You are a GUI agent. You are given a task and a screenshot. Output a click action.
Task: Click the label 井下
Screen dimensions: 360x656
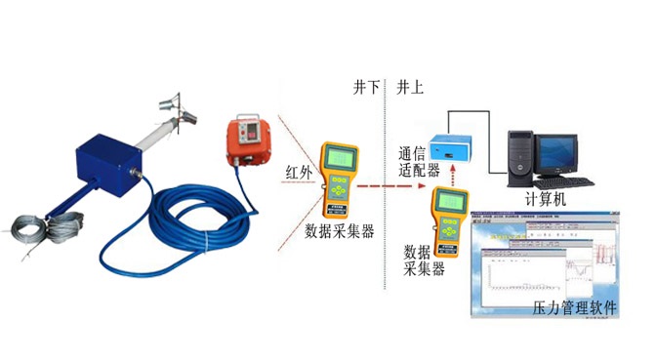366,87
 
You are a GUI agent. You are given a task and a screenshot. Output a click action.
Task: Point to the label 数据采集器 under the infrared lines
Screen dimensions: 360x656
340,232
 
